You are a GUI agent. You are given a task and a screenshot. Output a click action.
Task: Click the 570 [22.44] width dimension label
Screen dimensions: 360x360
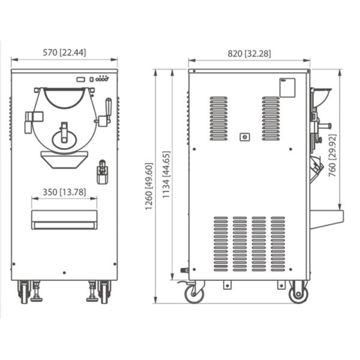pos(64,53)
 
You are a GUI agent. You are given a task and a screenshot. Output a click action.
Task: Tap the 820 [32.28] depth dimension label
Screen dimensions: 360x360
pos(249,53)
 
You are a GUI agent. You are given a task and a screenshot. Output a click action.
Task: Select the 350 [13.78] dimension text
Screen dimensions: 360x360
pos(64,193)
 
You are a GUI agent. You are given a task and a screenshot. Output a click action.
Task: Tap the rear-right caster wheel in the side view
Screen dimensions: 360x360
pos(298,293)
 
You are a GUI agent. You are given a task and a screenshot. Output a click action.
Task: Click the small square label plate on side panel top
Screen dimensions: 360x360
pos(287,88)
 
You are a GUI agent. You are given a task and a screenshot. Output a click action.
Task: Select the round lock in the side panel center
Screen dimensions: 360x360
pos(244,137)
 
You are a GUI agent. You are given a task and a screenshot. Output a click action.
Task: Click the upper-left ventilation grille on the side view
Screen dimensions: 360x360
pos(218,118)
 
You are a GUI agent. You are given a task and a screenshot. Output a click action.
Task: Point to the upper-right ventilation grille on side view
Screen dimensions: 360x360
pos(271,118)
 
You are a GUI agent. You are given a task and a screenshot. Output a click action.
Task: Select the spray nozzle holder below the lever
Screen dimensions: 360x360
pos(102,172)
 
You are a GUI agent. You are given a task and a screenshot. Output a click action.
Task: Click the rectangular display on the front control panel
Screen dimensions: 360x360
pos(81,79)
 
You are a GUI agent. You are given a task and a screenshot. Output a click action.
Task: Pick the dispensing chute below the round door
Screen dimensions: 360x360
pos(64,159)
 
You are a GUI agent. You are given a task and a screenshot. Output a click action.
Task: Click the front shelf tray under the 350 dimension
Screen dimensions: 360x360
pos(64,220)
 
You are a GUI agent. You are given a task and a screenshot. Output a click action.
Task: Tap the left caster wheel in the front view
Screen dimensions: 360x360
pos(24,292)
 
